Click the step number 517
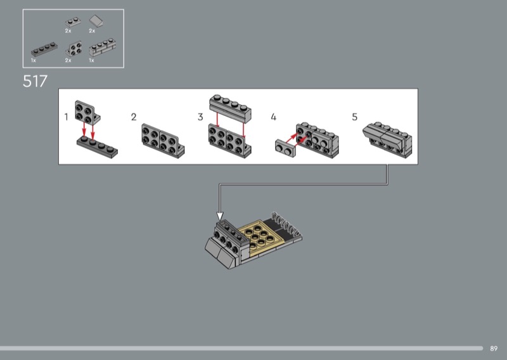click(x=35, y=81)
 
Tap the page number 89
click(x=494, y=349)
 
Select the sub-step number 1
click(x=67, y=117)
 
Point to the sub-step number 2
click(x=134, y=117)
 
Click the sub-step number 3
click(x=200, y=117)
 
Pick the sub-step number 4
click(x=274, y=117)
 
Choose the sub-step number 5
click(x=355, y=117)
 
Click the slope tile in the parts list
click(x=97, y=21)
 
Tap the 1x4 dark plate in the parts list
click(x=44, y=49)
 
